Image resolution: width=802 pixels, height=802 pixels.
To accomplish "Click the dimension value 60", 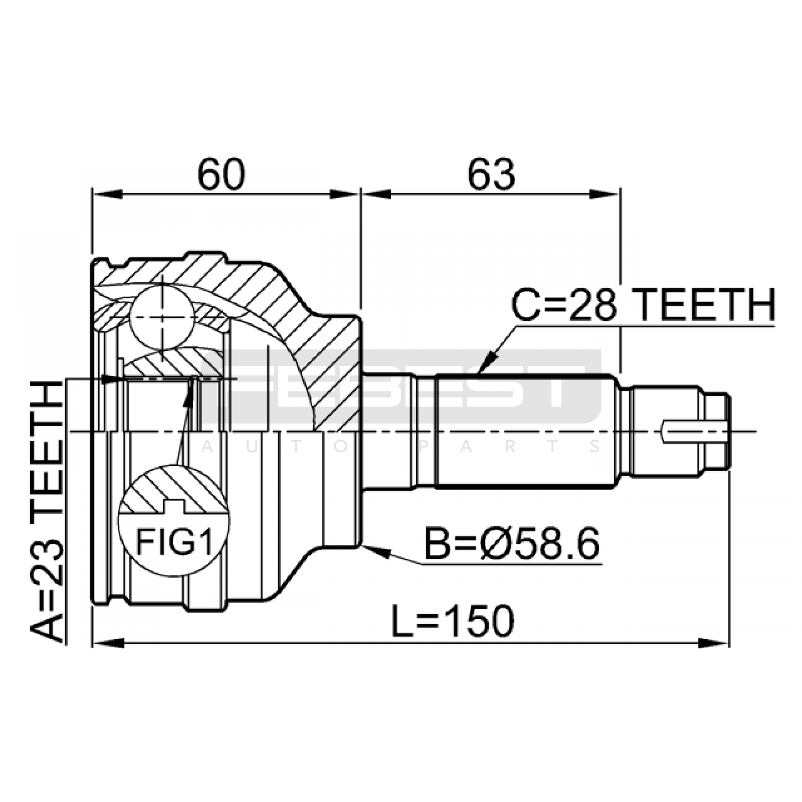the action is tap(221, 175).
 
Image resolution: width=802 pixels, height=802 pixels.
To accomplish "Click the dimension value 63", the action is tap(491, 175).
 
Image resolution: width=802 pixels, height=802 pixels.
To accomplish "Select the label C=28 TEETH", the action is tap(643, 305).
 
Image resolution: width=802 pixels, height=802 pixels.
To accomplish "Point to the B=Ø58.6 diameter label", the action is tap(512, 544).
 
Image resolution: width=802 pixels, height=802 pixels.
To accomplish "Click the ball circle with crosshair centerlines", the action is tap(162, 317).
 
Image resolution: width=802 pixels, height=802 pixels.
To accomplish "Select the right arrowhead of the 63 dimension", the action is tap(605, 194).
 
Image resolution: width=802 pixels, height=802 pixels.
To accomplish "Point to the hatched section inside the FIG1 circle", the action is tap(173, 489).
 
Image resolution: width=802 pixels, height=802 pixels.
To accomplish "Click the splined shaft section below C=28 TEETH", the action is tap(526, 431).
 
